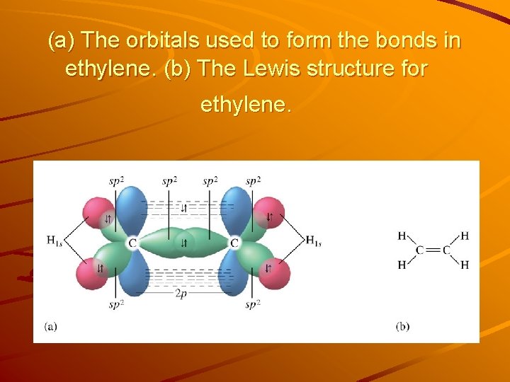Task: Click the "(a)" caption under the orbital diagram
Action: pos(50,326)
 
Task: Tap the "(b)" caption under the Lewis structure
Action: pos(402,326)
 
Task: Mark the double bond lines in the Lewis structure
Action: pos(433,250)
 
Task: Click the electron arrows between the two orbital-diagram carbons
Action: pos(183,243)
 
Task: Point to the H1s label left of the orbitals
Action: pos(55,241)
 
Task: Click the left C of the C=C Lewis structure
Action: pos(420,250)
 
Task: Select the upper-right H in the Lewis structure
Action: pos(465,236)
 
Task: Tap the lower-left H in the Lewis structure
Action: pos(402,265)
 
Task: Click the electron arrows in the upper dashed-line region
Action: pos(183,208)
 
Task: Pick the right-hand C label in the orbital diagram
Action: pos(234,243)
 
